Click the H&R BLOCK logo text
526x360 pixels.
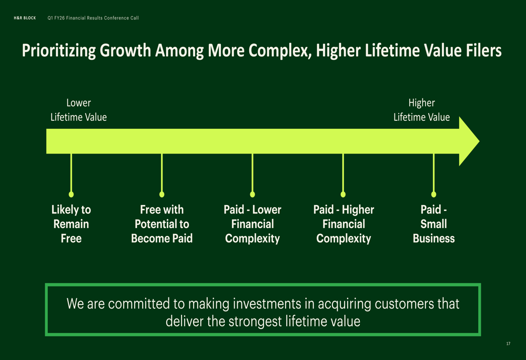(25, 18)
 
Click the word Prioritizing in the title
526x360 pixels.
(59, 50)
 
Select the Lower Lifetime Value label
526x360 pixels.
(78, 110)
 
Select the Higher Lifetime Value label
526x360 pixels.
(422, 110)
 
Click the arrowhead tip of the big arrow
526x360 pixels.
(479, 141)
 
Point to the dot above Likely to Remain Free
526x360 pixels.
(71, 194)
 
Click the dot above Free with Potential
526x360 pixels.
(161, 194)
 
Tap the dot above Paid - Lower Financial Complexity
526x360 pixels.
(252, 194)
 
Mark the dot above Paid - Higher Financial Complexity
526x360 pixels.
(343, 194)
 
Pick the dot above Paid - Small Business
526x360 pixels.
(433, 194)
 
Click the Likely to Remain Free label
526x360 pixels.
(71, 224)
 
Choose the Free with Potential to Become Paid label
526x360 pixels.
(161, 224)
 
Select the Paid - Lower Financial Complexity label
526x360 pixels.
(252, 224)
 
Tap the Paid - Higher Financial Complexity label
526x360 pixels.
(343, 224)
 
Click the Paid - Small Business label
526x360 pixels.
(434, 224)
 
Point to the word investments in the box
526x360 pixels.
(267, 304)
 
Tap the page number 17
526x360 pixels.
(508, 344)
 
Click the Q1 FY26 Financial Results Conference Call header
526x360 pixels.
(93, 18)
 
